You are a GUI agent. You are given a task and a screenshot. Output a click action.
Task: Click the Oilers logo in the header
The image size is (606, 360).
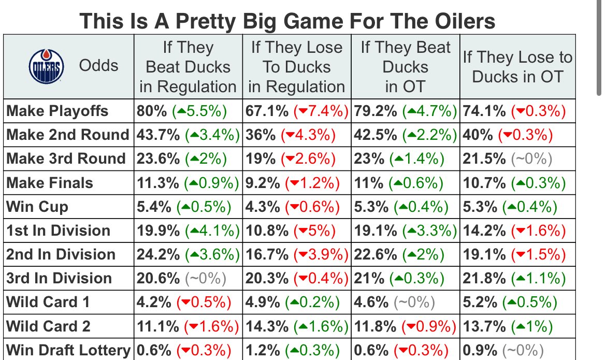(46, 66)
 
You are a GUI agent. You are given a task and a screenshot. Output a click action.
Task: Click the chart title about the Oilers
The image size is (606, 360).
(287, 21)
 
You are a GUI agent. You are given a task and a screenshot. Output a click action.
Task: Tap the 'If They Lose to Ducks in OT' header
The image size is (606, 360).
(517, 67)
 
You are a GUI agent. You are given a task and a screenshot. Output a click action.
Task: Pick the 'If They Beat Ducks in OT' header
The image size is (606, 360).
(406, 67)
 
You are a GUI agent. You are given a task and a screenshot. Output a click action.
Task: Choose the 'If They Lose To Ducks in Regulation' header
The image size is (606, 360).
(296, 67)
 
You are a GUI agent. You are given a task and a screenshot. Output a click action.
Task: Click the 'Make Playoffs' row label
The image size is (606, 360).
(57, 111)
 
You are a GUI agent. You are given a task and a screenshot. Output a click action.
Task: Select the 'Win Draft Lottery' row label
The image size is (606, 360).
(68, 351)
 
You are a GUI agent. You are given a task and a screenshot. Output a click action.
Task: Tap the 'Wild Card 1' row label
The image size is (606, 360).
(48, 303)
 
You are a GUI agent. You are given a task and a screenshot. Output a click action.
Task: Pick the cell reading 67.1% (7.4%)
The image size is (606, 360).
(296, 111)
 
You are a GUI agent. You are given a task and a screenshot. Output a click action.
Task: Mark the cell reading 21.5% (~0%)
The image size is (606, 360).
(507, 159)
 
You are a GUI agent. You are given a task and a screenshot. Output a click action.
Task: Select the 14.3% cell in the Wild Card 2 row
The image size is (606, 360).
(296, 326)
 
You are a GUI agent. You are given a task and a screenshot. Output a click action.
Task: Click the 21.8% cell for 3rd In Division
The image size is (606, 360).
(512, 279)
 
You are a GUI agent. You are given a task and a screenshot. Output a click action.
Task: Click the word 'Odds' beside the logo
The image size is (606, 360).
(98, 66)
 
